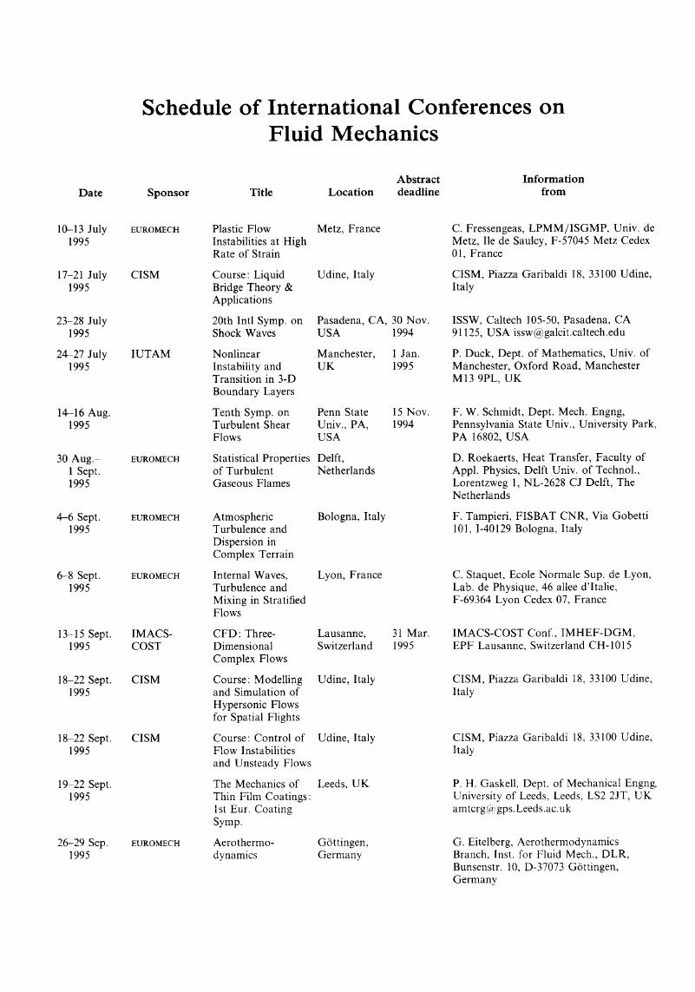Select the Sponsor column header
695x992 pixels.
tap(168, 192)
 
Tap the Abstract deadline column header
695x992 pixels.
tap(418, 186)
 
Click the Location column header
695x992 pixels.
tap(351, 192)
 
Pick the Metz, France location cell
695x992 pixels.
tap(349, 229)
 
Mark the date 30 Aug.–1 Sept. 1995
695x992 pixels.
tap(84, 470)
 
